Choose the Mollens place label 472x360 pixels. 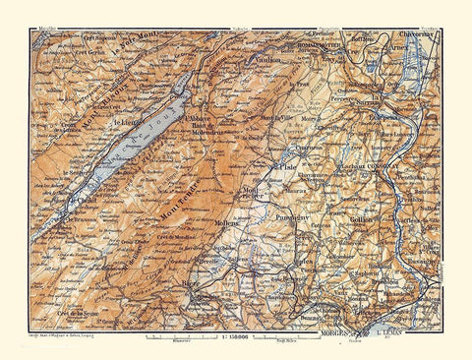[227, 221]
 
